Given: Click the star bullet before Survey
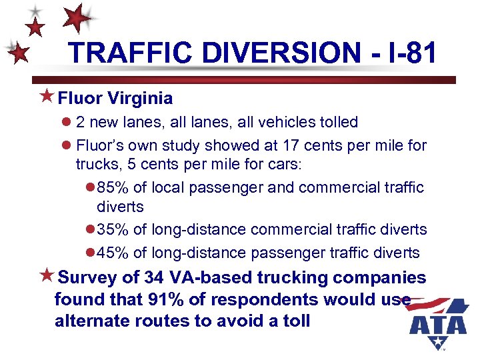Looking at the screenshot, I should [47, 275].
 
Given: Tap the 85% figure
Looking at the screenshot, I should [113, 187].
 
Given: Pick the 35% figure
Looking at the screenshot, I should [113, 229].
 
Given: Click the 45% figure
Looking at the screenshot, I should [113, 253].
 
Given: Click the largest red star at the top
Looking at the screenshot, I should [79, 18].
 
